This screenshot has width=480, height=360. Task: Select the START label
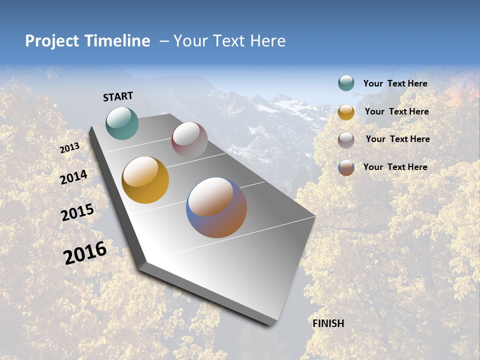pos(118,96)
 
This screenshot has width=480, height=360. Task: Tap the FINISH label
pos(328,323)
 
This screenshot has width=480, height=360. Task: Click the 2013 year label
pos(70,148)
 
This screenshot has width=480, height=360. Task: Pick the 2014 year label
pos(74,177)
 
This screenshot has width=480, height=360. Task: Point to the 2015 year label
pos(77,212)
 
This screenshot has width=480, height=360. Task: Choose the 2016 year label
pos(85,253)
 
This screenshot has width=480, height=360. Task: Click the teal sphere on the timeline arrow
pos(122,123)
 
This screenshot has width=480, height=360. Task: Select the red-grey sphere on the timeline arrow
pos(189,140)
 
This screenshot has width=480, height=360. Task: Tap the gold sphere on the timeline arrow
pos(145,180)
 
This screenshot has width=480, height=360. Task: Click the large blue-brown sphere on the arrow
pos(216,207)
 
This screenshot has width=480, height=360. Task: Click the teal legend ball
pos(346,83)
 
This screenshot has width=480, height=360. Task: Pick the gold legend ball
pos(346,112)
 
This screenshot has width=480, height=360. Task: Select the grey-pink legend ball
pos(346,139)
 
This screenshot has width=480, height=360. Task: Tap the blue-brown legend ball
pos(346,167)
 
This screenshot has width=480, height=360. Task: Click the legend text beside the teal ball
pos(395,83)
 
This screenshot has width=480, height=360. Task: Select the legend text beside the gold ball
pos(396,111)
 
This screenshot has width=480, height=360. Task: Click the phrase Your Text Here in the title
pos(229,41)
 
